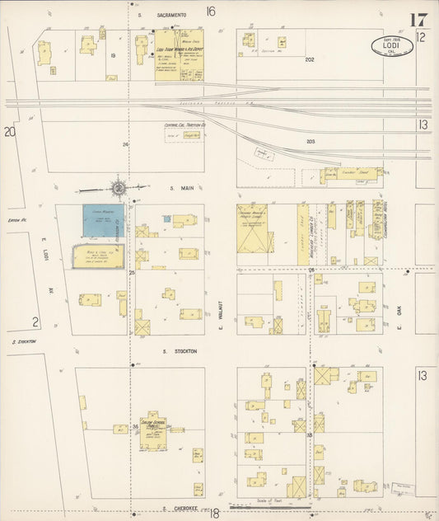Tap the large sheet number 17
(417, 20)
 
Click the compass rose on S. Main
(119, 188)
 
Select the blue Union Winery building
(103, 220)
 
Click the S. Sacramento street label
(162, 15)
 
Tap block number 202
(310, 59)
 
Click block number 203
(311, 141)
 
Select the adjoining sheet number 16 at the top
(211, 12)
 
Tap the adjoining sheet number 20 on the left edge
(9, 131)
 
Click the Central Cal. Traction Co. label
(184, 124)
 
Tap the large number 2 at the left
(35, 322)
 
